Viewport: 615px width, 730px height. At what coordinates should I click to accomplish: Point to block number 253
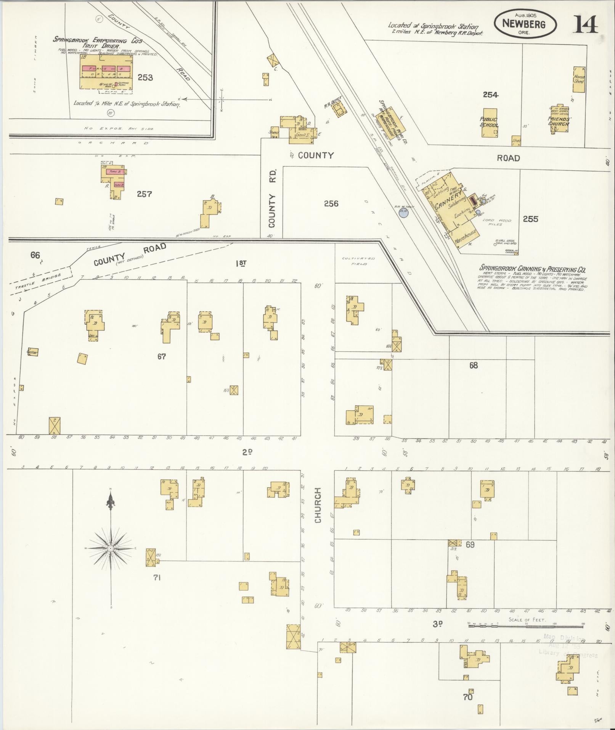(x=145, y=77)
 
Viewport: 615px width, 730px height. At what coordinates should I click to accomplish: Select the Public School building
(x=489, y=123)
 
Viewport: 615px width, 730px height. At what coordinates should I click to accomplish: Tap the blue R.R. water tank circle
(x=403, y=213)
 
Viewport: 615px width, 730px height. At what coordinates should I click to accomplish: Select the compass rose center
(x=110, y=548)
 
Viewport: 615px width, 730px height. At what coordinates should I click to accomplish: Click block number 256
(x=331, y=204)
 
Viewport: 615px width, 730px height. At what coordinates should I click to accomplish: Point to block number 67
(x=162, y=356)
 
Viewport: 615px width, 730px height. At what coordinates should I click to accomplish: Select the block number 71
(x=156, y=577)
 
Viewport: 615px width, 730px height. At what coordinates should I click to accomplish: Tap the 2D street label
(x=247, y=452)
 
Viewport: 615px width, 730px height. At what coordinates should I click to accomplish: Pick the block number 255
(x=530, y=219)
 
